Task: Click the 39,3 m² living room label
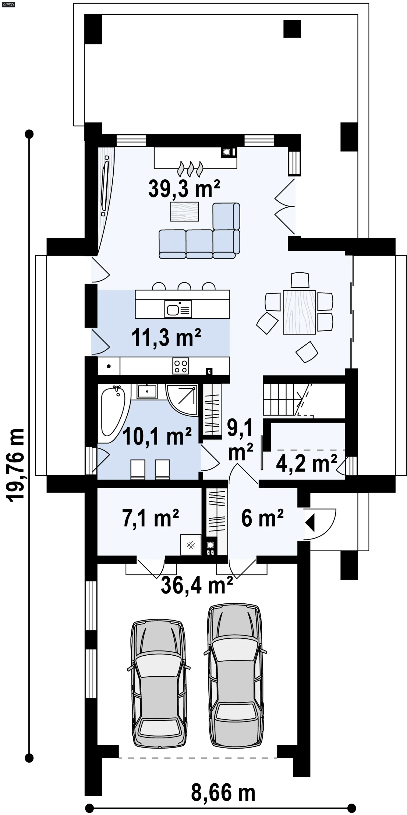tap(184, 189)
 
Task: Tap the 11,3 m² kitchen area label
tap(166, 338)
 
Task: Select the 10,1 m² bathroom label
tap(157, 437)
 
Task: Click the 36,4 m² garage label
tap(197, 585)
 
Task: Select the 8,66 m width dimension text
tap(223, 793)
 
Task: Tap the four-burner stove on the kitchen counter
tap(181, 366)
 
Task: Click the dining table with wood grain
tap(299, 312)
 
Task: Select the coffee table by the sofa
tap(184, 211)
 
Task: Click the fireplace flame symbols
tap(190, 169)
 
